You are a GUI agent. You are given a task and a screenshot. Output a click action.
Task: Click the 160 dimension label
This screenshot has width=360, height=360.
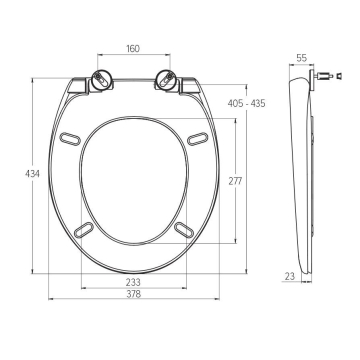pyautogui.click(x=133, y=49)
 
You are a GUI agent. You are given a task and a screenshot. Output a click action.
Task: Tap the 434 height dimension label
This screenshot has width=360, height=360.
pyautogui.click(x=32, y=174)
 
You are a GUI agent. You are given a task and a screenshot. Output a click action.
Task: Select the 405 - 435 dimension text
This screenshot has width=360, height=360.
pyautogui.click(x=246, y=103)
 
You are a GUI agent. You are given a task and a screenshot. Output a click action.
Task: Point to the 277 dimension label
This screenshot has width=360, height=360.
pyautogui.click(x=235, y=181)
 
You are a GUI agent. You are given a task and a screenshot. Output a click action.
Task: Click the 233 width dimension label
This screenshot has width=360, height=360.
pyautogui.click(x=133, y=282)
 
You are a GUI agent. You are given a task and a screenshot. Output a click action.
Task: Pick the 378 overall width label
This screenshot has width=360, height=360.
pyautogui.click(x=133, y=294)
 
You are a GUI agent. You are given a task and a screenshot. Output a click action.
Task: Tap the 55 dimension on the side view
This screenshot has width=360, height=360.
pyautogui.click(x=301, y=58)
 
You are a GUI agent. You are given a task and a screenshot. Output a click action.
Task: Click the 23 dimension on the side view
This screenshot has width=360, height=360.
pyautogui.click(x=290, y=276)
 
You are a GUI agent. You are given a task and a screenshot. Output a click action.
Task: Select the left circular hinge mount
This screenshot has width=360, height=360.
pyautogui.click(x=101, y=80)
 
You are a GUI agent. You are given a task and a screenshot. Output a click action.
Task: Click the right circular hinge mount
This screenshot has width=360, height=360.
pyautogui.click(x=166, y=80)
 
